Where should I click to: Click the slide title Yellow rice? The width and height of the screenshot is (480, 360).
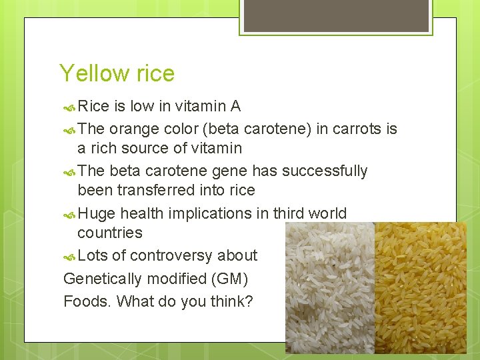click(x=117, y=73)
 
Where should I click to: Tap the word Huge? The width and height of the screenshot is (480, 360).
click(x=97, y=213)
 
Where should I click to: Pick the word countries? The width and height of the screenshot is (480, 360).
click(x=110, y=233)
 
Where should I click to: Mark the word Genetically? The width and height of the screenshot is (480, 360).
click(x=101, y=279)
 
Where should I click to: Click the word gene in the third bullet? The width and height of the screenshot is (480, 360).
click(x=231, y=171)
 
